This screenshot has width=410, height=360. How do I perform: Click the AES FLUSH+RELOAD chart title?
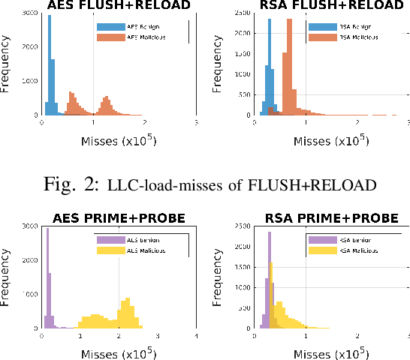(x=119, y=6)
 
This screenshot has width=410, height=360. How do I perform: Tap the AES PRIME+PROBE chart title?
(x=119, y=218)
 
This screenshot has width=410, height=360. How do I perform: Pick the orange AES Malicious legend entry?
(x=132, y=37)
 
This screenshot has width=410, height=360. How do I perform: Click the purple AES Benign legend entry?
(x=128, y=239)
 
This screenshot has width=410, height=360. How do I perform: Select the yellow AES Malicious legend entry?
(x=131, y=249)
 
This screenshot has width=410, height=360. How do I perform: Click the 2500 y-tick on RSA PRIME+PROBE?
(x=241, y=226)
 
